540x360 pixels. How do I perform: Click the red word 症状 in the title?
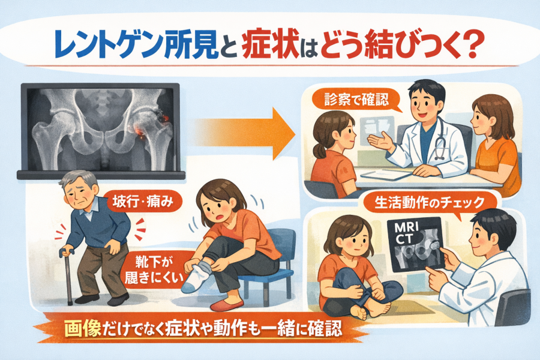[x=269, y=45]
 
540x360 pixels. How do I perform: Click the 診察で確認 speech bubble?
[x=357, y=100]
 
